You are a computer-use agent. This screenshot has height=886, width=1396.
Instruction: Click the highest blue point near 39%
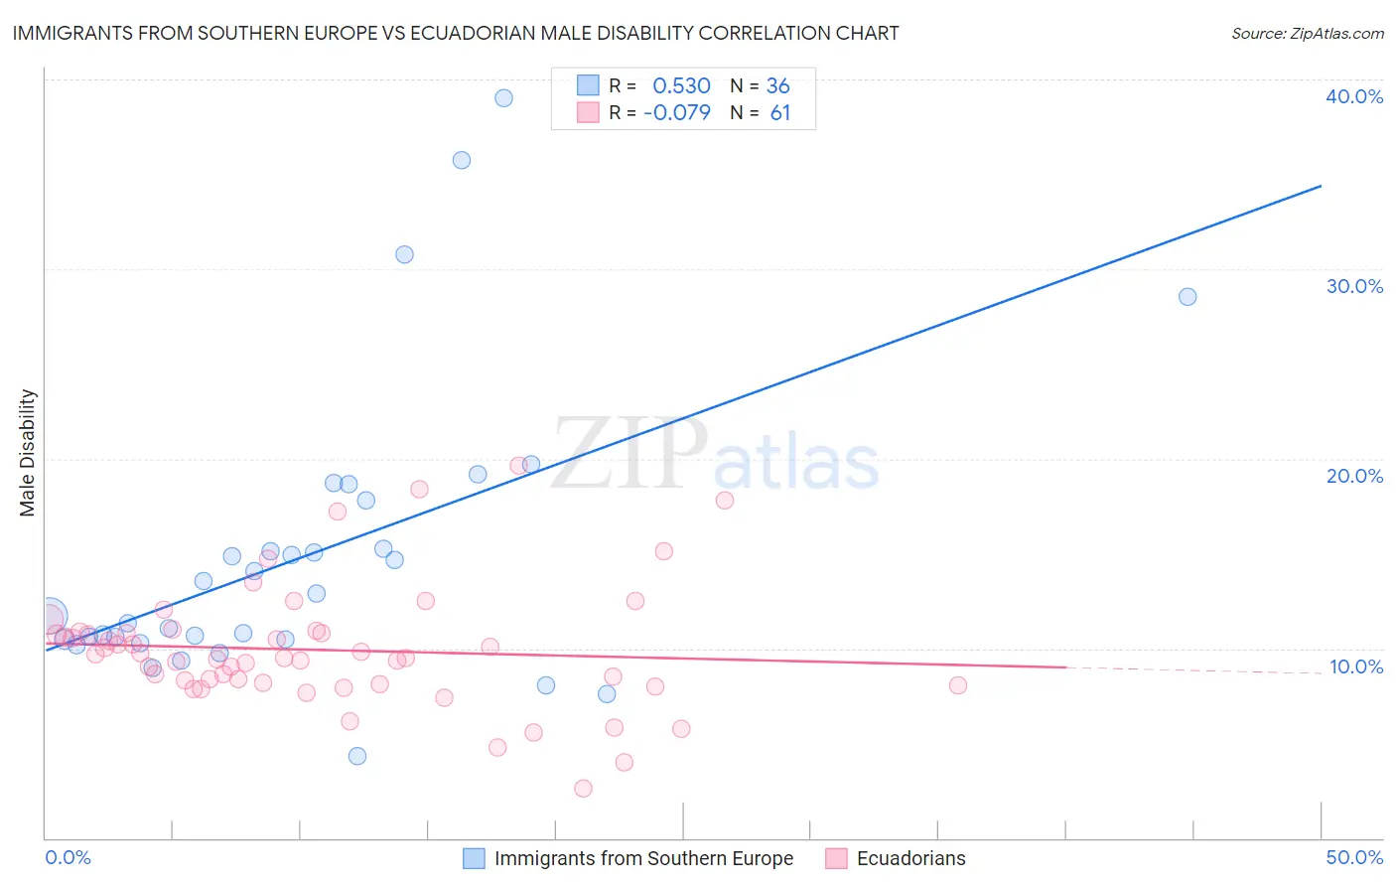pyautogui.click(x=503, y=97)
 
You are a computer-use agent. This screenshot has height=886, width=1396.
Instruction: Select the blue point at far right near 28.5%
pyautogui.click(x=1187, y=297)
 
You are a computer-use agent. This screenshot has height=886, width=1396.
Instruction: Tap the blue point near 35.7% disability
pyautogui.click(x=462, y=160)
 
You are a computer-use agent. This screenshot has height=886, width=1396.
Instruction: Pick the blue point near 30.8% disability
pyautogui.click(x=404, y=254)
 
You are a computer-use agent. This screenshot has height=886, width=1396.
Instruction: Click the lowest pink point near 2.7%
pyautogui.click(x=583, y=789)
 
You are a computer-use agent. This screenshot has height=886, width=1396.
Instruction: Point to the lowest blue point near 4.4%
pyautogui.click(x=357, y=756)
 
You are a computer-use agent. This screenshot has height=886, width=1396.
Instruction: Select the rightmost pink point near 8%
pyautogui.click(x=958, y=685)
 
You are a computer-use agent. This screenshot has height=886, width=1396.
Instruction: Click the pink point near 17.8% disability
pyautogui.click(x=725, y=501)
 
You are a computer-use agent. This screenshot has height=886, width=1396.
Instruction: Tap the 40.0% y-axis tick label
pyautogui.click(x=1354, y=96)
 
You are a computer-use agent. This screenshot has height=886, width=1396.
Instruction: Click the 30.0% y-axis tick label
pyautogui.click(x=1354, y=286)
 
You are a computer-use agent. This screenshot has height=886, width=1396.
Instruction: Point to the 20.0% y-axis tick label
pyautogui.click(x=1354, y=476)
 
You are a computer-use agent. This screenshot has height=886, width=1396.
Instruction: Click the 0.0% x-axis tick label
pyautogui.click(x=68, y=857)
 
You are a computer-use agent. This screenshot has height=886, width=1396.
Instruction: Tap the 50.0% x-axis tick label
pyautogui.click(x=1354, y=857)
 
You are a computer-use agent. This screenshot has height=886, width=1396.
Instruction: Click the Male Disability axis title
pyautogui.click(x=28, y=453)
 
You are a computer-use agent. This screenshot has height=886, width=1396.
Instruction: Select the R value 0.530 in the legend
pyautogui.click(x=681, y=86)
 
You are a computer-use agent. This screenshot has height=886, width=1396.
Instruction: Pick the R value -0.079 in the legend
pyautogui.click(x=677, y=113)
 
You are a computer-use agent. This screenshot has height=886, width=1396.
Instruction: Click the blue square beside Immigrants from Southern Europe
pyautogui.click(x=474, y=858)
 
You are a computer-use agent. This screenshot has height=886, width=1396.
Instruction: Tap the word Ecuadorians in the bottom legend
pyautogui.click(x=910, y=858)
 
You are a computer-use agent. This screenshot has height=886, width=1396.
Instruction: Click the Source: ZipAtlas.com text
pyautogui.click(x=1307, y=34)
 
